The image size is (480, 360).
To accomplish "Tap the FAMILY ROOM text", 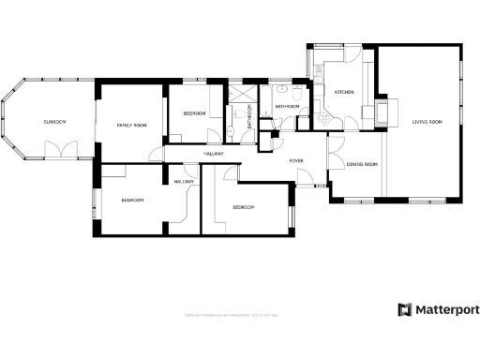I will (131, 125).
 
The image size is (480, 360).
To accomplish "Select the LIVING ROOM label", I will (427, 122).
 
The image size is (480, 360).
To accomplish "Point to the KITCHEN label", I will (344, 92).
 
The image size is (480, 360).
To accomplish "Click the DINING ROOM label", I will (362, 165).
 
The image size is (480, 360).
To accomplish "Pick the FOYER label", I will (296, 161).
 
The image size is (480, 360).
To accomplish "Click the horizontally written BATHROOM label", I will (287, 107).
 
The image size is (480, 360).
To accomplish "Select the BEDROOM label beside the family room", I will (194, 113).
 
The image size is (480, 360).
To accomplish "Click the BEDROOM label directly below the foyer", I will (244, 206).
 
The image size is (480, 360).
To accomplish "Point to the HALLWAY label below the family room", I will (183, 181).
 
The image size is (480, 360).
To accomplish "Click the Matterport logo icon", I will (404, 310).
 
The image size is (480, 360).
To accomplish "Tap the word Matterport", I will (447, 310).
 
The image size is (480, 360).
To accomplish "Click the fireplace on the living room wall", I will (384, 111).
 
